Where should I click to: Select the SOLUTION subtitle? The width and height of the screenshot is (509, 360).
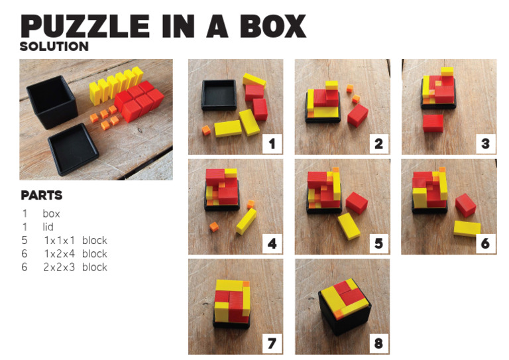[x=54, y=46]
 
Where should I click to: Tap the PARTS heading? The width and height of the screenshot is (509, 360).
[x=42, y=196]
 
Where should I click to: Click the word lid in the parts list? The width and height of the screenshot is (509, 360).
[x=48, y=227]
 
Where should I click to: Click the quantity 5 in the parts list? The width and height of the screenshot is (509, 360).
[x=25, y=240]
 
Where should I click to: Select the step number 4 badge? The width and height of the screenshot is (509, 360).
[x=272, y=243]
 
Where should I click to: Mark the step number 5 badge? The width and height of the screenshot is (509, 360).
[x=378, y=243]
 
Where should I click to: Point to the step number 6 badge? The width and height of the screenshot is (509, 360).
[x=485, y=243]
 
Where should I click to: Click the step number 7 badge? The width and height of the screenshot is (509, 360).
[x=272, y=343]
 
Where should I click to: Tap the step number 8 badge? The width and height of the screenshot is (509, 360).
[x=378, y=343]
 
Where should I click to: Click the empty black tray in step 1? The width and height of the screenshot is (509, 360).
[x=218, y=93]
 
